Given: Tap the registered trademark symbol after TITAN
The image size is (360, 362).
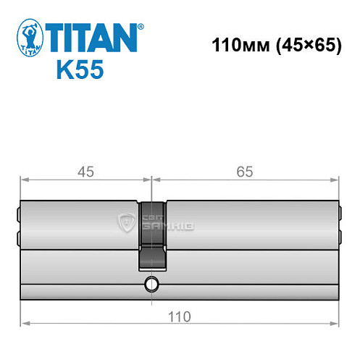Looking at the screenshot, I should pyautogui.click(x=141, y=27).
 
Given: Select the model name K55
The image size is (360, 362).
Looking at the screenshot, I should pyautogui.click(x=80, y=71).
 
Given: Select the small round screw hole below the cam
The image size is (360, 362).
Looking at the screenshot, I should pyautogui.click(x=151, y=283).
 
